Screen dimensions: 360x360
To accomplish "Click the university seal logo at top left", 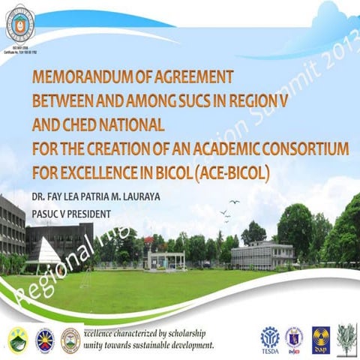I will click(20, 22).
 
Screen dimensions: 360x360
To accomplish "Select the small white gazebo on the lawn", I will click(165, 259).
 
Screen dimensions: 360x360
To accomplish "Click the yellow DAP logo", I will click(319, 338).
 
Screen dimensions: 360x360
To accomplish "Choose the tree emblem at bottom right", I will click(346, 338).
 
